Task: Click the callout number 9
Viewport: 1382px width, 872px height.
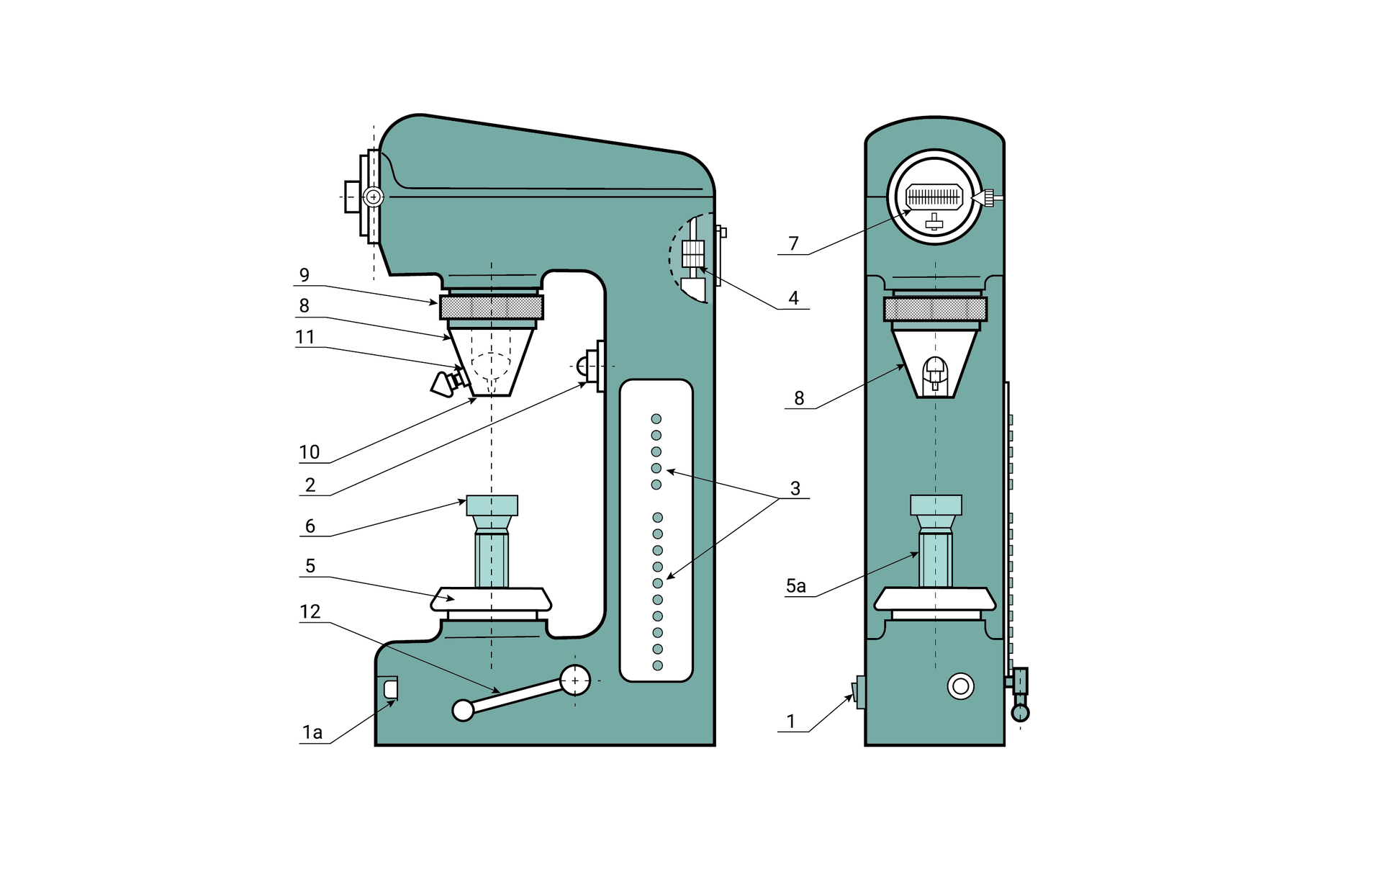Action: pos(304,275)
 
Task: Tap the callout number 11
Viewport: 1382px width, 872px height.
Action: pos(305,337)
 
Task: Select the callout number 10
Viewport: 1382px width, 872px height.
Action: pos(310,452)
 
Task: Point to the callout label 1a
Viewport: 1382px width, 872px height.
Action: pos(312,732)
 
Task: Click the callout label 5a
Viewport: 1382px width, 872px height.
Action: pos(796,586)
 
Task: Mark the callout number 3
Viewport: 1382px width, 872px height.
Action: pos(795,488)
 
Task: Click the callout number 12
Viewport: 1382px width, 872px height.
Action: pos(310,611)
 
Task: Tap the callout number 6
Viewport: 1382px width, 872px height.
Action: pos(310,526)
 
